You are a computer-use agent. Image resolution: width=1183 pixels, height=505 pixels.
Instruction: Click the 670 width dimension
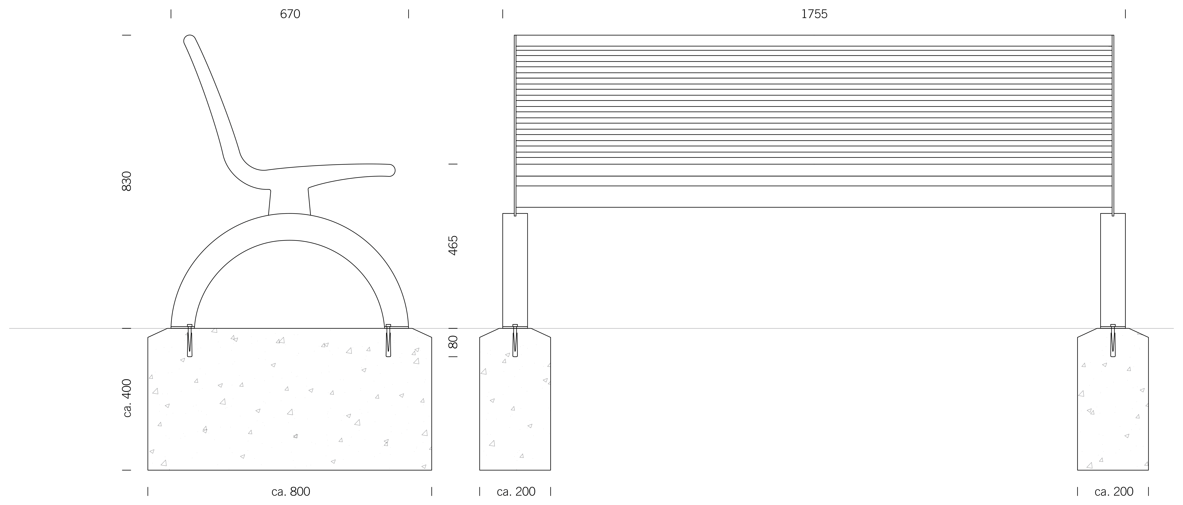tap(290, 14)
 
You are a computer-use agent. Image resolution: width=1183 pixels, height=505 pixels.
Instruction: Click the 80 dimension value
tap(453, 342)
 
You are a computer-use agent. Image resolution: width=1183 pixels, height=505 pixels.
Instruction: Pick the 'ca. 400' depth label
tap(128, 398)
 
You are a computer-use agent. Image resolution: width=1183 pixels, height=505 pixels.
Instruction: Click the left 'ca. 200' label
tap(516, 492)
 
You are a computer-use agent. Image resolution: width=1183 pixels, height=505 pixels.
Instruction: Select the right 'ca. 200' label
tap(1114, 492)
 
